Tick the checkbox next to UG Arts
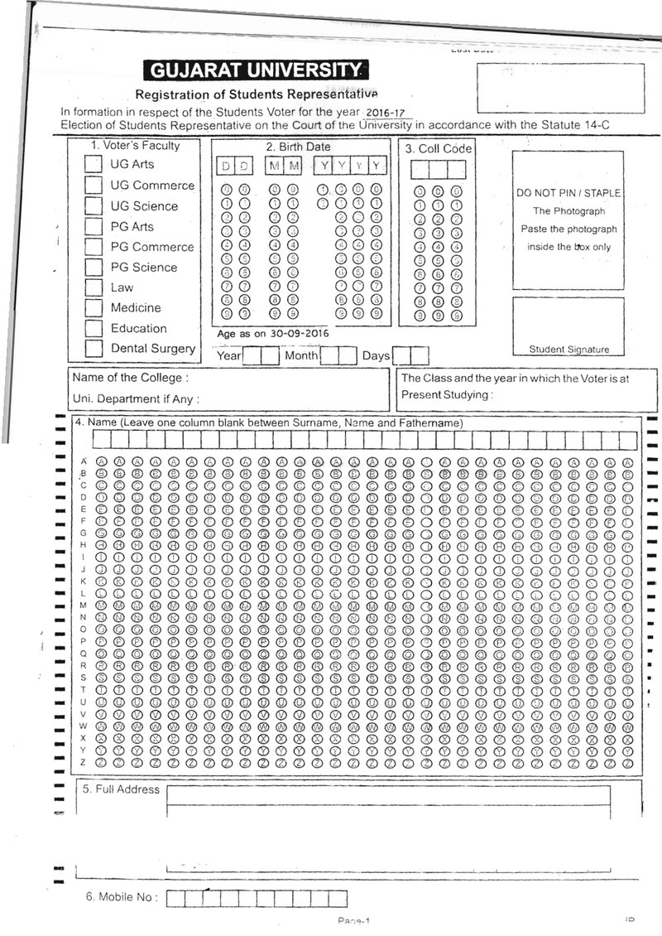pyautogui.click(x=94, y=165)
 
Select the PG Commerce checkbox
pyautogui.click(x=94, y=247)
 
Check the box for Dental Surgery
pyautogui.click(x=94, y=349)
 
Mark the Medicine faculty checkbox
pyautogui.click(x=94, y=308)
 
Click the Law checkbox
pyautogui.click(x=94, y=287)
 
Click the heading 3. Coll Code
pyautogui.click(x=439, y=148)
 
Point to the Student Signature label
pyautogui.click(x=568, y=350)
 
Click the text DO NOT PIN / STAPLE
pyautogui.click(x=568, y=193)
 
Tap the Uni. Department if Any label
pyautogui.click(x=136, y=398)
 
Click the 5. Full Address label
pyautogui.click(x=121, y=789)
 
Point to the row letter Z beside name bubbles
pyautogui.click(x=83, y=761)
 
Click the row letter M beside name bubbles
pyautogui.click(x=83, y=606)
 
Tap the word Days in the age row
pyautogui.click(x=376, y=356)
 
